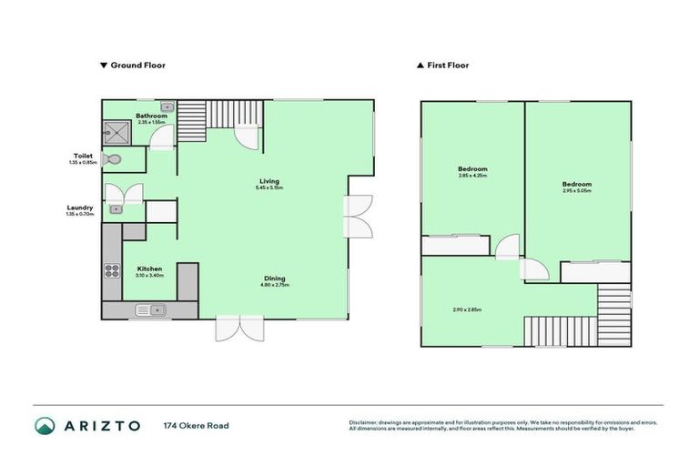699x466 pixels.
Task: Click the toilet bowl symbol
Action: (111, 159)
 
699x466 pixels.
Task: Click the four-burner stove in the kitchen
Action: (113, 270)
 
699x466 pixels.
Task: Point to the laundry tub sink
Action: (116, 208)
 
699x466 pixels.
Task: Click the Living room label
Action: (268, 180)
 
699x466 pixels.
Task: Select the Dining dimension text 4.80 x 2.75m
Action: (274, 285)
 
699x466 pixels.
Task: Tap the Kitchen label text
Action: (149, 268)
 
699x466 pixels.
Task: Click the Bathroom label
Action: (151, 116)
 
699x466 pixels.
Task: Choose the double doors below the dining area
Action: (239, 328)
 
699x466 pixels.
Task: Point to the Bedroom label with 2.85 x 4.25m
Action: (471, 169)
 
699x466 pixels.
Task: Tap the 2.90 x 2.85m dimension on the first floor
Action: (466, 310)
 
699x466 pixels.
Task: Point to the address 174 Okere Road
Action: (196, 425)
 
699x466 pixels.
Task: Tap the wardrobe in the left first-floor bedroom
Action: (455, 245)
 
